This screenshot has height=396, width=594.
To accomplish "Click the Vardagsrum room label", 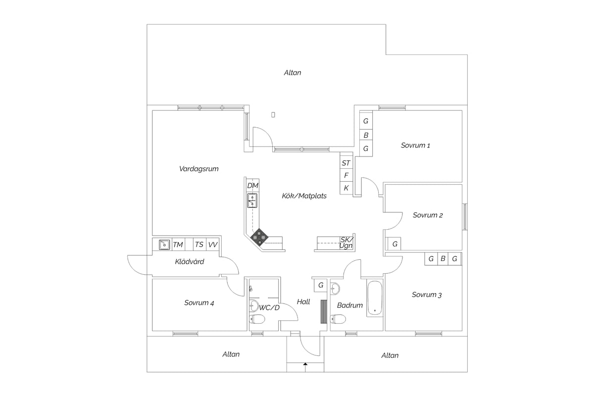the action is pos(198,169).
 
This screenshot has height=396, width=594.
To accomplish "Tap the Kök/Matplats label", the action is pos(304,196).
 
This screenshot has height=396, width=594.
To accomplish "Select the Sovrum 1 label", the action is pos(415,146).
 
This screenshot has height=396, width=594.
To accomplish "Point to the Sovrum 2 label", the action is pos(428,215).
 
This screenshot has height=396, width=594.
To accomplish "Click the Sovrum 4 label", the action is pos(199,302).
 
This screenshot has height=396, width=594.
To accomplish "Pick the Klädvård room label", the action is pos(189,261).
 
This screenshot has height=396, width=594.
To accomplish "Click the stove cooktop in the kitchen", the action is pos(259,237).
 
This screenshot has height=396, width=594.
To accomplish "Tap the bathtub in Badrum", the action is pos(375,298).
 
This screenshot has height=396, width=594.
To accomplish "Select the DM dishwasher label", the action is pos(252,186).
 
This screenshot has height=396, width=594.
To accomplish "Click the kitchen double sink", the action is pos(252,200).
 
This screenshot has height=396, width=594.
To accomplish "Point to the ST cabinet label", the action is pos(346,163).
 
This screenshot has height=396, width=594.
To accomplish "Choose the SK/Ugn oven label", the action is pos(346,243).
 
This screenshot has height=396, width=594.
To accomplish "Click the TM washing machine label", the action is pos(178,245).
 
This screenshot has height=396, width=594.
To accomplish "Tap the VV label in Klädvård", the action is pos(213,245).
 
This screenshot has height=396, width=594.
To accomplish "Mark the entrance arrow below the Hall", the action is pos(305,367).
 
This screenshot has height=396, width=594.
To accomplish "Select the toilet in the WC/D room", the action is pos(257,319).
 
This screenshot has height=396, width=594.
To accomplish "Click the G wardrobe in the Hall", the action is pos(321,285).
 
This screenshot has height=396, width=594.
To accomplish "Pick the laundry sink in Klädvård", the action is pos(164,245).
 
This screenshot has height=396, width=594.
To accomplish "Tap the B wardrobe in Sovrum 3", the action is pos(443,258).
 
